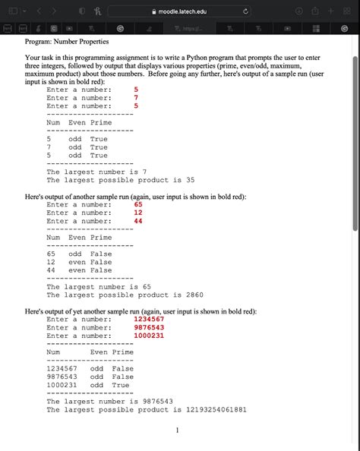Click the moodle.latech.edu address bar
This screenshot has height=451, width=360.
[180, 10]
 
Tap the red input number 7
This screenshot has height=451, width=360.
[136, 98]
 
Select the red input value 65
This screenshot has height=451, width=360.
[138, 204]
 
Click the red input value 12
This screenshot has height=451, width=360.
[138, 213]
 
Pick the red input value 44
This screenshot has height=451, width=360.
[138, 221]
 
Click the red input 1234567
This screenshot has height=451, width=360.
[149, 319]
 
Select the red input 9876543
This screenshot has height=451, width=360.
[149, 327]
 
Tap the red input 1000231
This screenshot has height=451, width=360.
[149, 336]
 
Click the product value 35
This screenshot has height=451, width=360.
[191, 181]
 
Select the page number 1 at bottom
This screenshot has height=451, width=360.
[177, 431]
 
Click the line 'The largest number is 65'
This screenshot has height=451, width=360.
[99, 286]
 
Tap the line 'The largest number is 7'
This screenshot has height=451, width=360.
[96, 172]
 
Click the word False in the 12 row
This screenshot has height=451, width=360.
[101, 262]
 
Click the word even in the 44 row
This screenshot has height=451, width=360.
[77, 270]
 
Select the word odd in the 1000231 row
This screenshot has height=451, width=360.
[97, 385]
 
